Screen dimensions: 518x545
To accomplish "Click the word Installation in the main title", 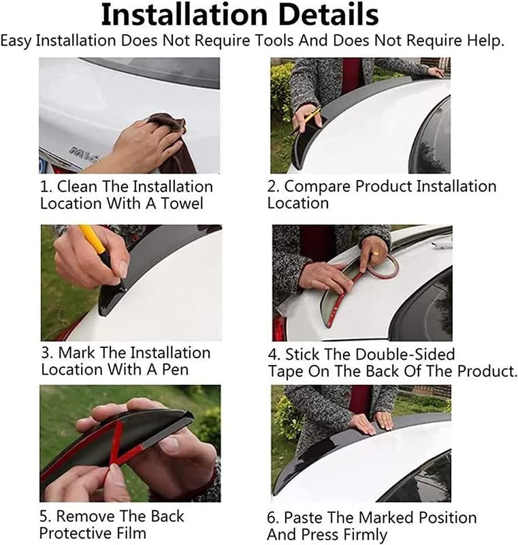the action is point(184,15).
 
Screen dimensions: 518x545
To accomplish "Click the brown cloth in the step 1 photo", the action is point(174,142).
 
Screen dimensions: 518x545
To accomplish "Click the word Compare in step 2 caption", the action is point(318,187).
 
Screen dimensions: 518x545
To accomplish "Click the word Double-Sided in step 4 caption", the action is point(405,354).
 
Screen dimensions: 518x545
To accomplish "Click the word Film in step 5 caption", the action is point(132,533).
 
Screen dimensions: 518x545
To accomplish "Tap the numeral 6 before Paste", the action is point(271,518).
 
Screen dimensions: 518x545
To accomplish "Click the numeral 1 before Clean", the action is point(44,187).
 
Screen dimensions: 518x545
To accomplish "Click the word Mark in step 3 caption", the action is point(76,353).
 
